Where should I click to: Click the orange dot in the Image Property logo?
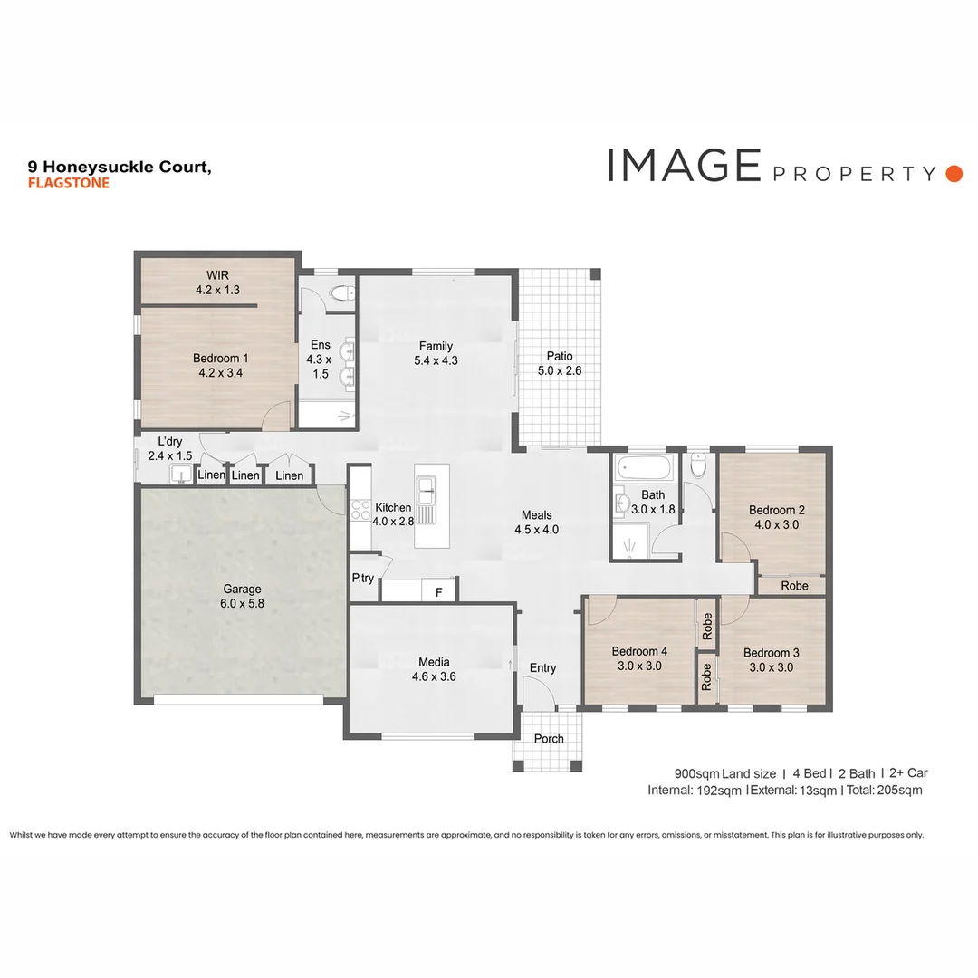[x=953, y=173]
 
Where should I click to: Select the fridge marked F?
[x=439, y=591]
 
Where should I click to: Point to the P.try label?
[x=363, y=578]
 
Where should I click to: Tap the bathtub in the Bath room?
[x=644, y=468]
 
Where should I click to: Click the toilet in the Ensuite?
[x=341, y=292]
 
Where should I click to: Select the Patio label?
[x=559, y=356]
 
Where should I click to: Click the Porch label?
[x=548, y=738]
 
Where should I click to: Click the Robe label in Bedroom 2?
[x=793, y=586]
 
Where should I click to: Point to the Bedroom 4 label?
[x=638, y=651]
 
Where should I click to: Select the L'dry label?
[x=169, y=441]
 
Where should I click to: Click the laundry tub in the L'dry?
[x=181, y=475]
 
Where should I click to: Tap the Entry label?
[x=542, y=668]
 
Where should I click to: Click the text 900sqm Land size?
[x=724, y=773]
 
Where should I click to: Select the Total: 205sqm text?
[x=883, y=790]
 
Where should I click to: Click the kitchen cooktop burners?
[x=360, y=511]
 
